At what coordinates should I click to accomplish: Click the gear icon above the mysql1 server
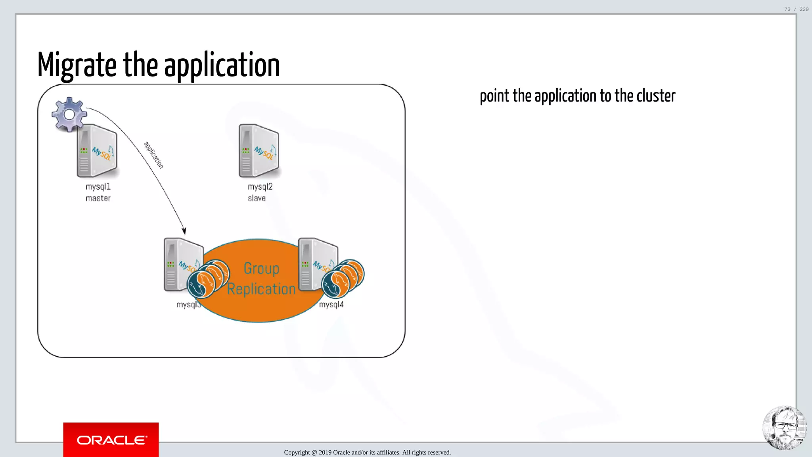pos(69,114)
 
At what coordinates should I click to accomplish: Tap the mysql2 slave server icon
pos(259,151)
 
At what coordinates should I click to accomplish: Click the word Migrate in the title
pos(77,65)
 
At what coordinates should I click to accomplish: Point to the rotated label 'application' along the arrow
pos(153,155)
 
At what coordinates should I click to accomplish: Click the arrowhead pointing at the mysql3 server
pos(184,230)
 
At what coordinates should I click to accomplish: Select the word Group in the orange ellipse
pos(261,269)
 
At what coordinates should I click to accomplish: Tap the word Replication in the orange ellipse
pos(261,289)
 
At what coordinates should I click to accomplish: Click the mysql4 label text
pos(331,305)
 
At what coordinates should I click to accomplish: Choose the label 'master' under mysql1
pos(98,198)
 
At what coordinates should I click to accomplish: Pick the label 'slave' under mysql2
pos(257,198)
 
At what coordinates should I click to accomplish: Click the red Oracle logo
pos(111,440)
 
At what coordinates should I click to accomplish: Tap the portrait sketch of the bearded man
pos(784,428)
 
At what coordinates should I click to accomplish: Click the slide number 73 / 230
pos(796,9)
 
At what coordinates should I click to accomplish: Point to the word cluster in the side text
pos(656,96)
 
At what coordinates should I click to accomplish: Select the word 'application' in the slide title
pos(222,65)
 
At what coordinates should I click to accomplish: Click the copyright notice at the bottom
pos(367,452)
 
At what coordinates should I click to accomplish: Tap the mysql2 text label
pos(260,186)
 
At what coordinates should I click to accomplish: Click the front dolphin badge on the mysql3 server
pos(201,284)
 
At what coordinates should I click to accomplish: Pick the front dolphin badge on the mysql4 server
pos(335,284)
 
